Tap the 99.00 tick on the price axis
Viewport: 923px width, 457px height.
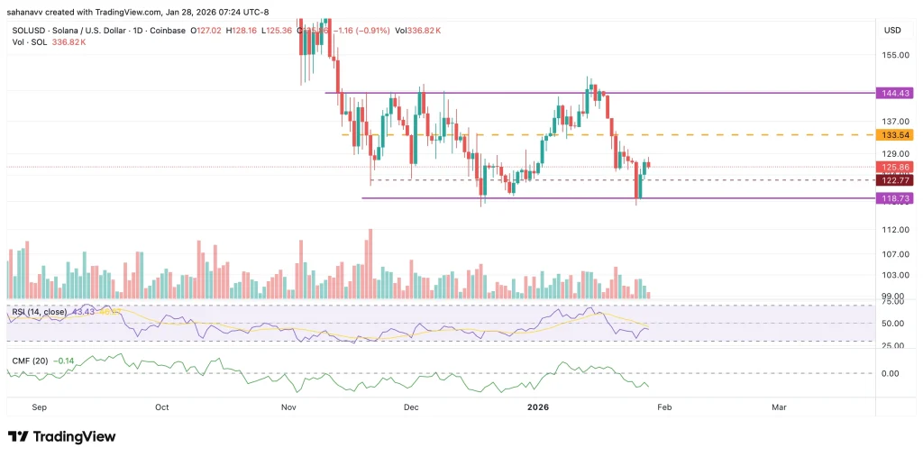891,297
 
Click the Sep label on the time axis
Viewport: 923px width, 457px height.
39,407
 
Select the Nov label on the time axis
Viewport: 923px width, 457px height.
289,407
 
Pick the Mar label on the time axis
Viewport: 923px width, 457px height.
779,407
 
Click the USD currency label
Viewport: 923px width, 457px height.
892,31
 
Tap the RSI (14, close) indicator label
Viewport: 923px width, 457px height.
40,312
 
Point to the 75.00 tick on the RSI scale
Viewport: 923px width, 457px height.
891,306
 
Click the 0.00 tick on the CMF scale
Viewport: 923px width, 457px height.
891,373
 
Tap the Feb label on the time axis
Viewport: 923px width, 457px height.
663,407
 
